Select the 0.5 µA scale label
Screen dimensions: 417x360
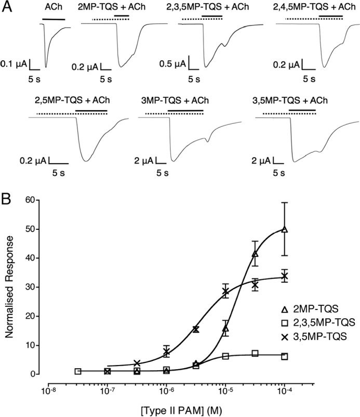tap(174, 66)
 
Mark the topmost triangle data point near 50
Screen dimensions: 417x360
tap(285, 229)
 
